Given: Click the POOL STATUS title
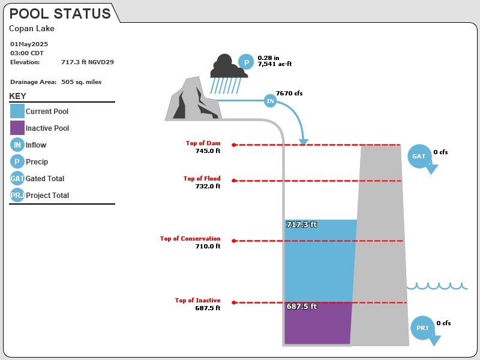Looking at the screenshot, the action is [60, 14].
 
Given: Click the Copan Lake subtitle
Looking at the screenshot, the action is [32, 28].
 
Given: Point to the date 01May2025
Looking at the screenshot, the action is [29, 44].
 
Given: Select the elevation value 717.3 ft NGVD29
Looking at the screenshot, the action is [87, 62].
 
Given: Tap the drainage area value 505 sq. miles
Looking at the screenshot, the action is [81, 82].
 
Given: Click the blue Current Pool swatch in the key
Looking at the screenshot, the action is [17, 111].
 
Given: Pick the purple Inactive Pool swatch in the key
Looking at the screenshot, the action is [17, 128].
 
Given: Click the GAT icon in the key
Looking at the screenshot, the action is [17, 178].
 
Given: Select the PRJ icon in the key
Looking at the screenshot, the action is [17, 195].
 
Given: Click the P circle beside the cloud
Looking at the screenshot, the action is [246, 62].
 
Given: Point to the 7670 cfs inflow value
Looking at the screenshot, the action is [289, 94].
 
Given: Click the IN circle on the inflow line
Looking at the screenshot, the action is [270, 101].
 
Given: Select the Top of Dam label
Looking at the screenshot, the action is [203, 143].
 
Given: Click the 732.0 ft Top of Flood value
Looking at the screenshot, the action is [208, 186].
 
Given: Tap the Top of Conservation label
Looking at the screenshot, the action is [190, 238].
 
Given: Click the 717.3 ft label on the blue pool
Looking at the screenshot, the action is [302, 224].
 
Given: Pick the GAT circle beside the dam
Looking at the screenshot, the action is [419, 156].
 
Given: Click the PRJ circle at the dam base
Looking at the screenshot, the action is [422, 328].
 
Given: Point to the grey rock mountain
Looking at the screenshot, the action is [193, 100].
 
